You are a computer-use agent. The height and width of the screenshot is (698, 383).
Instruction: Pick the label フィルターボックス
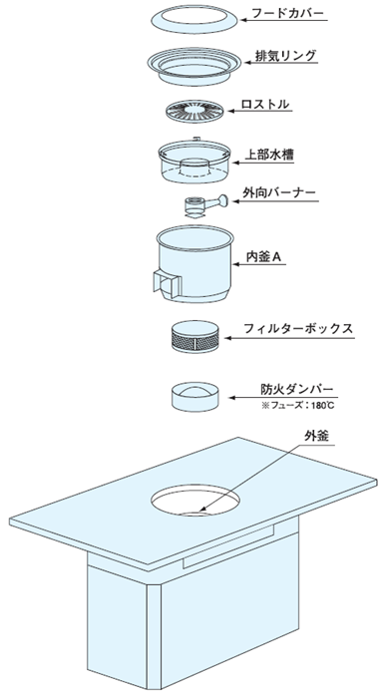click(298, 328)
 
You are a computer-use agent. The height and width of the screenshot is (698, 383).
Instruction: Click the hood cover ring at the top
click(194, 20)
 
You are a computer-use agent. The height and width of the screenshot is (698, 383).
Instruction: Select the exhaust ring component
click(194, 67)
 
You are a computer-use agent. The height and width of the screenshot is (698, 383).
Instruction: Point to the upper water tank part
click(194, 162)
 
